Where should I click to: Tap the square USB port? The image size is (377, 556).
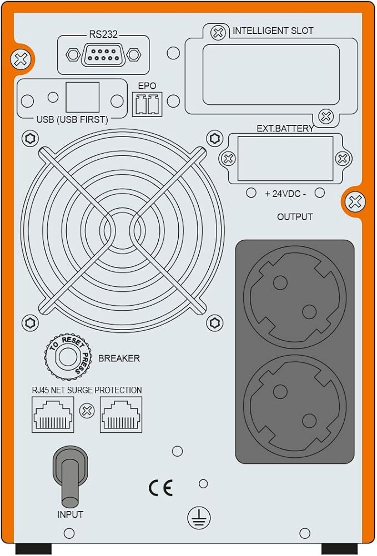[82, 98]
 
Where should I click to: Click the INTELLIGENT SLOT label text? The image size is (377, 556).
[273, 31]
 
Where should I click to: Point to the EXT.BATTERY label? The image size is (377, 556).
[285, 128]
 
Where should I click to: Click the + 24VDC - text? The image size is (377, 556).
[285, 194]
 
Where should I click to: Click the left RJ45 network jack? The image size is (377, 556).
[53, 415]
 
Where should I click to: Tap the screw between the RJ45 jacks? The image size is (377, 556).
[87, 411]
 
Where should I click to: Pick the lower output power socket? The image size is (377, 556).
[294, 406]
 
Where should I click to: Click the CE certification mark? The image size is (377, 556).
[161, 487]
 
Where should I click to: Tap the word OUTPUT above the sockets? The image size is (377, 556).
[295, 217]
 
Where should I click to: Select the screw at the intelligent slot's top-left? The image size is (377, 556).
[219, 32]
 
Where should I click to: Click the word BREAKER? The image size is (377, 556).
[119, 358]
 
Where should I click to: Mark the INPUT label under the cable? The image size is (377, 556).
[70, 514]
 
